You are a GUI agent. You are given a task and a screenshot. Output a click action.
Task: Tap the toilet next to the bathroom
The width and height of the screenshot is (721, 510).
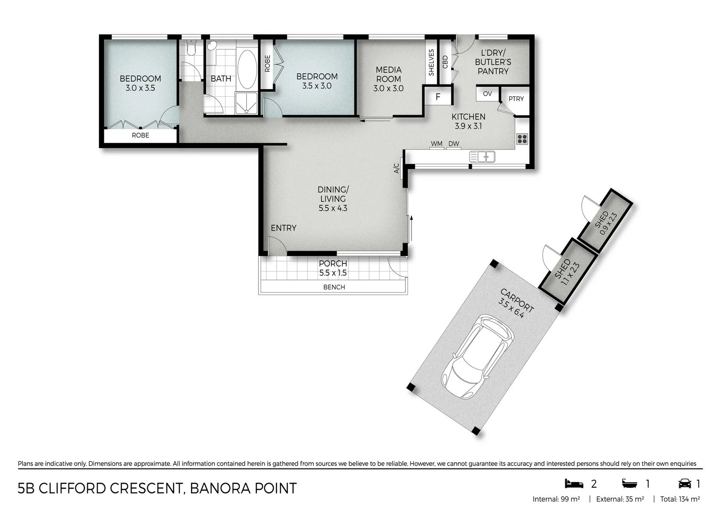pos(191,49)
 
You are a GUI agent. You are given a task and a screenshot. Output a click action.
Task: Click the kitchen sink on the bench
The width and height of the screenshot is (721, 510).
pos(482,156)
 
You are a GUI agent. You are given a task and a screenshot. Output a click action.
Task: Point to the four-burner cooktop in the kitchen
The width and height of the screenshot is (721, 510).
pos(522,139)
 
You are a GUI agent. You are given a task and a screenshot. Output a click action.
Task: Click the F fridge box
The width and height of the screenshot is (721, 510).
pos(438,97)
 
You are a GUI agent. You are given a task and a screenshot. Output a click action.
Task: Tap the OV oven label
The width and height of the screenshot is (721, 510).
pos(487,93)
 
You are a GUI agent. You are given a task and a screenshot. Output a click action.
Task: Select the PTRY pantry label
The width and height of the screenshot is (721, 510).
pos(516,99)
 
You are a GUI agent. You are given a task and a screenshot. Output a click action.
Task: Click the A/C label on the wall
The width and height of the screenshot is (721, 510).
pos(397,168)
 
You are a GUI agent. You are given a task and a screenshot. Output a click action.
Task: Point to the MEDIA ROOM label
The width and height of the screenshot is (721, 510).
pos(388,74)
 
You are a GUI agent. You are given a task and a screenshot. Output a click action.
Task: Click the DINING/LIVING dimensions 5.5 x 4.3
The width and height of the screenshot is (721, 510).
pos(333,208)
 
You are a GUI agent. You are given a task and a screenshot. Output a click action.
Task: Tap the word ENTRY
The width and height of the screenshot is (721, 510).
pos(283,228)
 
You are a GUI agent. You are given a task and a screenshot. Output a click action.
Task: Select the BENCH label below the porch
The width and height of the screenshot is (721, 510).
pos(334,287)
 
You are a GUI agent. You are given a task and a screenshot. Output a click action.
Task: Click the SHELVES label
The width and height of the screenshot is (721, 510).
pos(431,62)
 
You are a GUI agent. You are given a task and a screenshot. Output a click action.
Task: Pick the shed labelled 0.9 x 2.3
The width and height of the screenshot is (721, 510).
pos(605,221)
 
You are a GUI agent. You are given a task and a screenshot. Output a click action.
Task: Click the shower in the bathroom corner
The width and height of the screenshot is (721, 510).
pos(246,103)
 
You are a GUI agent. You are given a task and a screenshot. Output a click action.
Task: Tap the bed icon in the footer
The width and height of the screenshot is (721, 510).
pos(574,484)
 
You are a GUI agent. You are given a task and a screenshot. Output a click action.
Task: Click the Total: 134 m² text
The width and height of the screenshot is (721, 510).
pos(679,499)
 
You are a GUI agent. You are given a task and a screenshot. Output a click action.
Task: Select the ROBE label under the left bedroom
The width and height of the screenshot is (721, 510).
pos(140,135)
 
